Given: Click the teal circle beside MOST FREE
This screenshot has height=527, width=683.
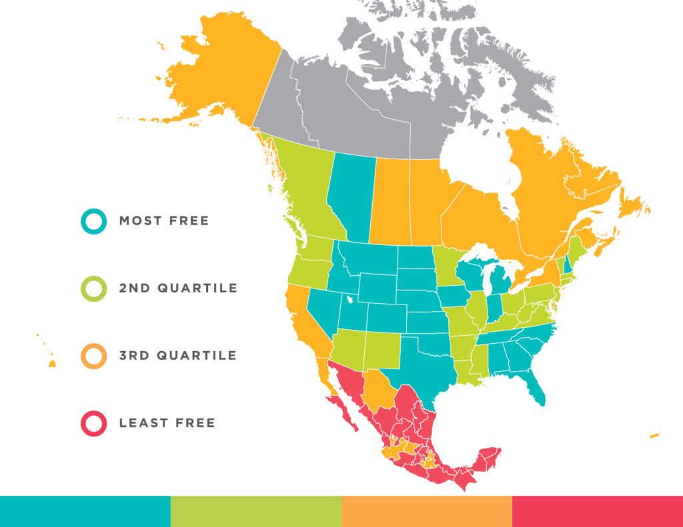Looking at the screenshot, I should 93,221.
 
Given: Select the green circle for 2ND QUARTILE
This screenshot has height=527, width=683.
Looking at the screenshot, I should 93,288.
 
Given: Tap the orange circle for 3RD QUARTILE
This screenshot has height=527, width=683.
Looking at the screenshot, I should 93,356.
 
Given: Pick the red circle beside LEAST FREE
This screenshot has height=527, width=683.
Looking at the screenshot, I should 93,423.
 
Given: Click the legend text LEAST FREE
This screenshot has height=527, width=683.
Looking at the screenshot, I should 167,423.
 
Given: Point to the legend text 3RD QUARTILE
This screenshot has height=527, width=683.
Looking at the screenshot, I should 177,356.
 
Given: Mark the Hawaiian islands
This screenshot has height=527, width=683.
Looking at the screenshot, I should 51,362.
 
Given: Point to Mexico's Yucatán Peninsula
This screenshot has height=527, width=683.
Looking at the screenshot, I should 490,456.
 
